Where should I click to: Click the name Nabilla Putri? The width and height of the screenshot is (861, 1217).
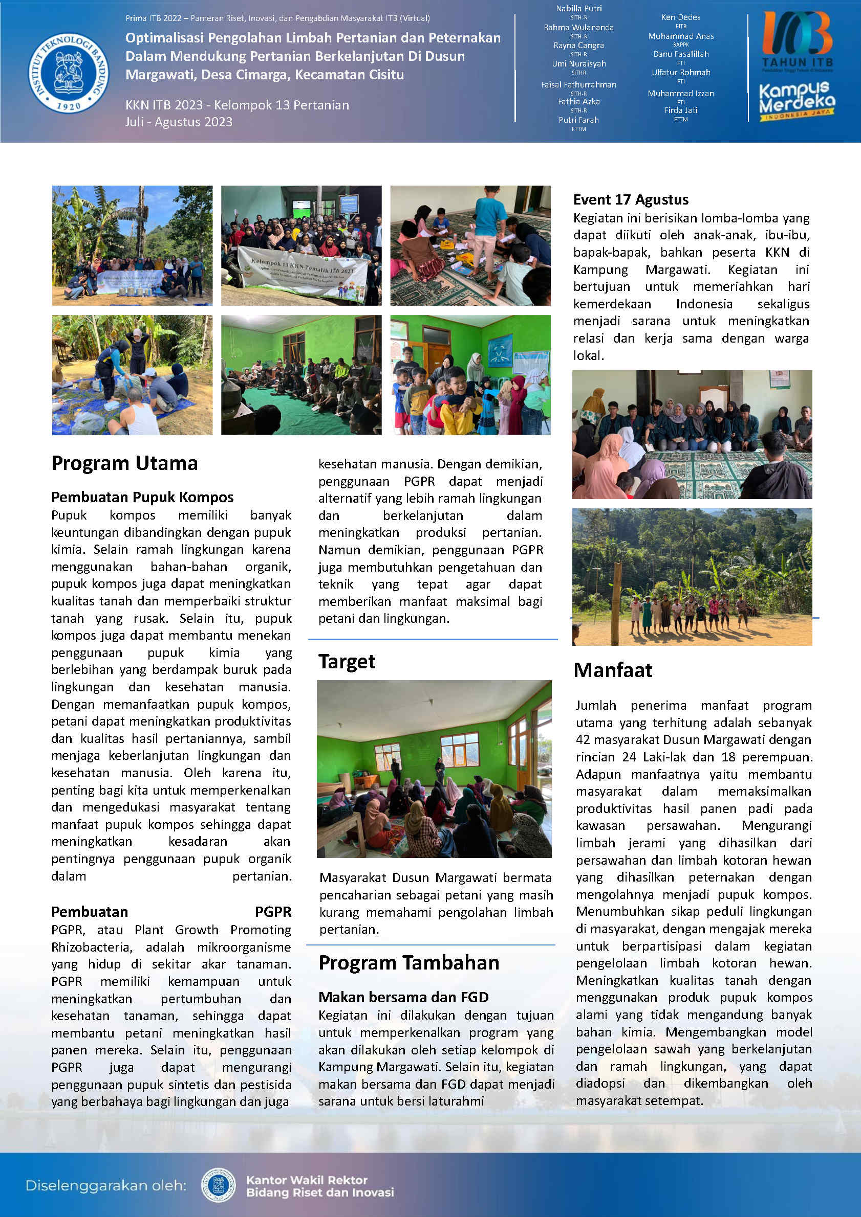click(x=579, y=9)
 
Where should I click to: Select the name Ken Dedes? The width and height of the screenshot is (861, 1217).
click(x=681, y=17)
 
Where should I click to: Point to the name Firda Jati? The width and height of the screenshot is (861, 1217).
click(x=681, y=110)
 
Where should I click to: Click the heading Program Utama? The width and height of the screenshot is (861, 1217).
click(x=125, y=463)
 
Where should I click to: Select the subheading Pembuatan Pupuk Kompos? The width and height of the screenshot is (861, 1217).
click(x=142, y=497)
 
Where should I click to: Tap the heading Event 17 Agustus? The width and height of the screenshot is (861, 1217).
click(x=631, y=200)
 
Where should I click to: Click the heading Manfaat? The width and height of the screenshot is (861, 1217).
click(x=613, y=670)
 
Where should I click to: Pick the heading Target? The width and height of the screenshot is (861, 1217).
click(x=347, y=662)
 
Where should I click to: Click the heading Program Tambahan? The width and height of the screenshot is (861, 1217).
click(x=408, y=962)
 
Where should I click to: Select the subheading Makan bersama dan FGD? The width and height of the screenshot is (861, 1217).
click(x=403, y=997)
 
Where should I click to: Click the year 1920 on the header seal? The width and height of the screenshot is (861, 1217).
click(x=69, y=106)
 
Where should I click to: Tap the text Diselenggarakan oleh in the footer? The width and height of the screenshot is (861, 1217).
click(x=106, y=1185)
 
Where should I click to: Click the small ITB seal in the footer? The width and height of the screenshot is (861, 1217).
click(x=219, y=1185)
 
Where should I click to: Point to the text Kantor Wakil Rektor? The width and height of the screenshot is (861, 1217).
click(x=307, y=1180)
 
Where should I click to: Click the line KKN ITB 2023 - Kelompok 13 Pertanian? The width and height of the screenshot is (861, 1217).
click(x=237, y=105)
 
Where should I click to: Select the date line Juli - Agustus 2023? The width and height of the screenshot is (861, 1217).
click(x=179, y=122)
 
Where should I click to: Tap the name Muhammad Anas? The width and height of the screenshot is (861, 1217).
click(x=681, y=36)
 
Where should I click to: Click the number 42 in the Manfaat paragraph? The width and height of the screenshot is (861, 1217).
click(x=583, y=739)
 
